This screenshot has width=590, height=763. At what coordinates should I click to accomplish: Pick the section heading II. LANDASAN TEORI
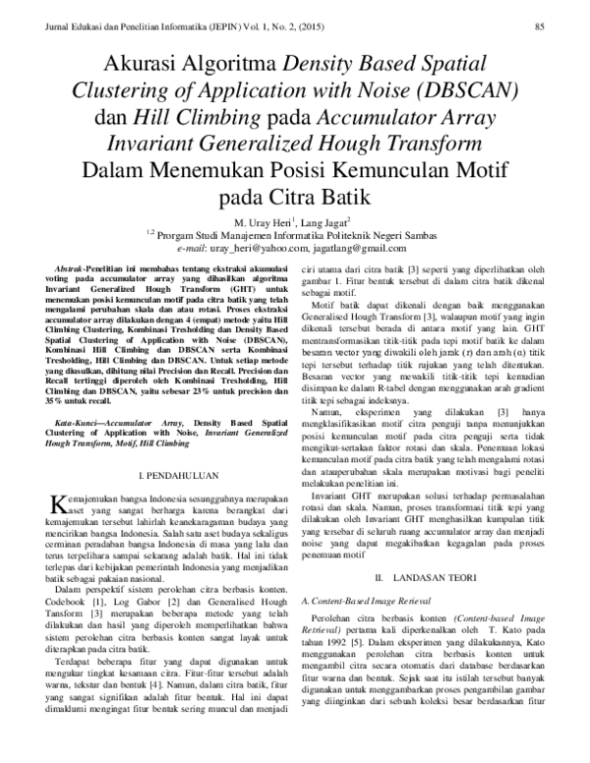tap(428, 571)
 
